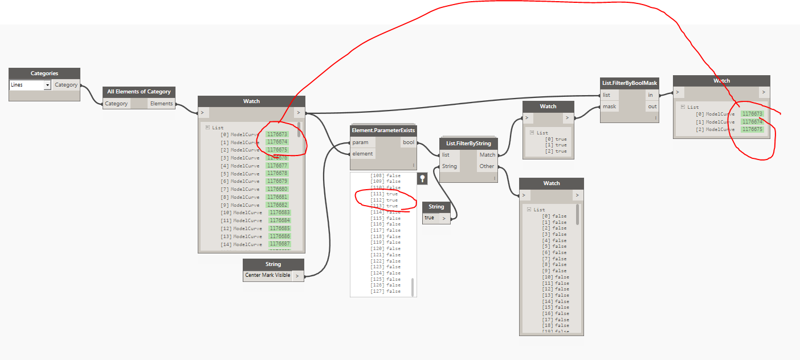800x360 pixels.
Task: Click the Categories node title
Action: tap(44, 73)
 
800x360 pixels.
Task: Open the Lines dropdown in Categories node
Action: tap(47, 85)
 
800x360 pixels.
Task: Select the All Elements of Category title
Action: tap(139, 92)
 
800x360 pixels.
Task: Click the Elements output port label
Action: tap(161, 104)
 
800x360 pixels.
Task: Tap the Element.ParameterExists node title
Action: tap(383, 130)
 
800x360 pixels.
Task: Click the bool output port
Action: tap(409, 142)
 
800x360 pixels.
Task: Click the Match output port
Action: tap(487, 155)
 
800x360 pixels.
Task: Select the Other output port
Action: tap(487, 166)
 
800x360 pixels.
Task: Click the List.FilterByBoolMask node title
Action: tap(630, 83)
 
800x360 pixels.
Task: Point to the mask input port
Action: tap(610, 107)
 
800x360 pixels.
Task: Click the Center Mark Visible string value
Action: tap(268, 275)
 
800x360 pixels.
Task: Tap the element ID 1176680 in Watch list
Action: tap(277, 189)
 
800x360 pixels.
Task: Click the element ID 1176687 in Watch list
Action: tap(280, 244)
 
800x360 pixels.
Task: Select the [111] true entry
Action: tap(385, 194)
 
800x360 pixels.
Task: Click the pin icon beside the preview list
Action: tap(422, 178)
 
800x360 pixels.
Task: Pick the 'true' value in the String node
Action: tap(430, 218)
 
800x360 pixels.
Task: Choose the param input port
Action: tap(361, 142)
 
